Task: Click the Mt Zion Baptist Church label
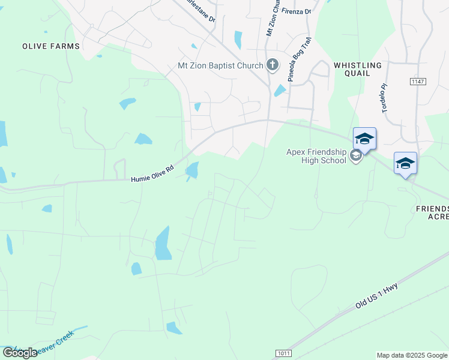click(220, 66)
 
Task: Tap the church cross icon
click(273, 65)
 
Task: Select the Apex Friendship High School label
click(316, 156)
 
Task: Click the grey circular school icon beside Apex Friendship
click(356, 156)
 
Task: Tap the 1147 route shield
click(417, 81)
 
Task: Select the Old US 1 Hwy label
click(376, 296)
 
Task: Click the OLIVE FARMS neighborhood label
click(51, 46)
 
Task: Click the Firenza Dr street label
click(300, 11)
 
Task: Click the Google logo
click(20, 353)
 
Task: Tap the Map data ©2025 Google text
click(412, 355)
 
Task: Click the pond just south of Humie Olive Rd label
click(193, 171)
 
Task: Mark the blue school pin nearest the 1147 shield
click(364, 139)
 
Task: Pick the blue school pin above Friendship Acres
click(405, 163)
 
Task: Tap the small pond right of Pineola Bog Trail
click(280, 91)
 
